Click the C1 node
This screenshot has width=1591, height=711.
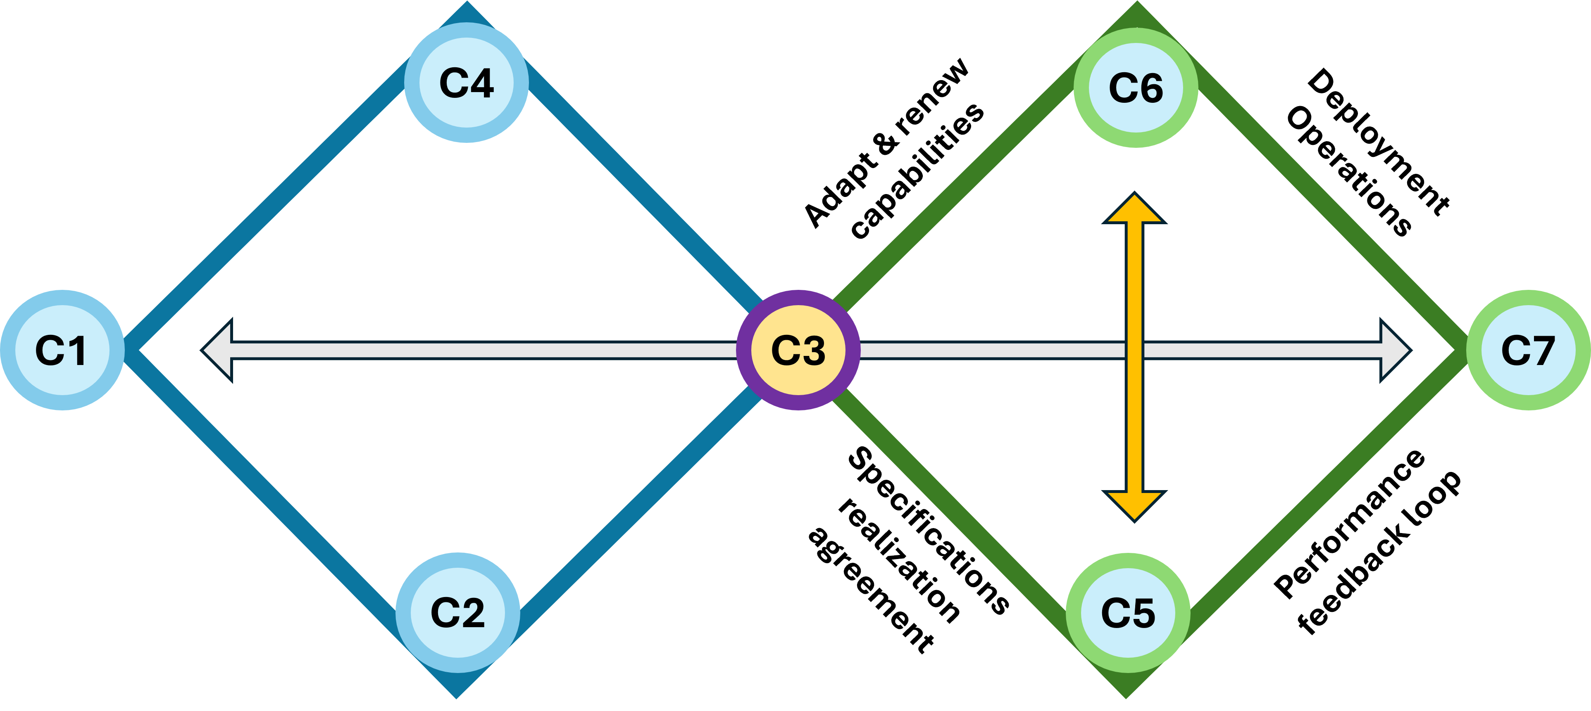[62, 350]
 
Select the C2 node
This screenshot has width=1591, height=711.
[457, 613]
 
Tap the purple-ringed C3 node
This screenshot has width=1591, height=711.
[798, 350]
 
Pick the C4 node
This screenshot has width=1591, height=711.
[466, 83]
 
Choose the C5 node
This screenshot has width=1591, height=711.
[1128, 613]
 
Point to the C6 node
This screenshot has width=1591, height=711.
[1136, 88]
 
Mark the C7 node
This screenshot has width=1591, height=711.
[1528, 350]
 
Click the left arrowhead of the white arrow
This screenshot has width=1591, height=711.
[219, 350]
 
